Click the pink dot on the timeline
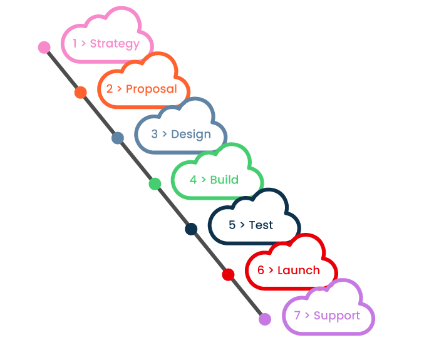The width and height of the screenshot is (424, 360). point(44,47)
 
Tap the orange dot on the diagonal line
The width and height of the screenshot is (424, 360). point(80,93)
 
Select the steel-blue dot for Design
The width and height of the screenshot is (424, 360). point(118,138)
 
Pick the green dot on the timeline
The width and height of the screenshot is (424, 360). point(155,183)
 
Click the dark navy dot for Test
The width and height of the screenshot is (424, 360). point(191,229)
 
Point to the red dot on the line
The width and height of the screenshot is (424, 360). point(228,274)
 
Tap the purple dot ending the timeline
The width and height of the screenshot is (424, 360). point(265,319)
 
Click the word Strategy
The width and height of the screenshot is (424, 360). point(115,44)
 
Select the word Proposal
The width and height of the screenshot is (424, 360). point(152,89)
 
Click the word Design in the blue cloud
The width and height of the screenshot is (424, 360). point(190,134)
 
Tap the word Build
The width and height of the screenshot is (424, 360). point(224,180)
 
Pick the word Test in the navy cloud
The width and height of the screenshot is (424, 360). point(261,225)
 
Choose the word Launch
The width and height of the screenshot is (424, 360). point(298,270)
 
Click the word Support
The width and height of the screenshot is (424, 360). point(337,316)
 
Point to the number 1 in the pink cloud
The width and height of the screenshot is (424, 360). point(75,44)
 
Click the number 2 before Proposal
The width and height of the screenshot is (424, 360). point(110,89)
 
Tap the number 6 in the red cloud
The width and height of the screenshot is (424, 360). point(261,270)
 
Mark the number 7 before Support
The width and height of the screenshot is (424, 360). point(297,316)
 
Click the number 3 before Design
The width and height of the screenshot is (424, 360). point(155,134)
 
